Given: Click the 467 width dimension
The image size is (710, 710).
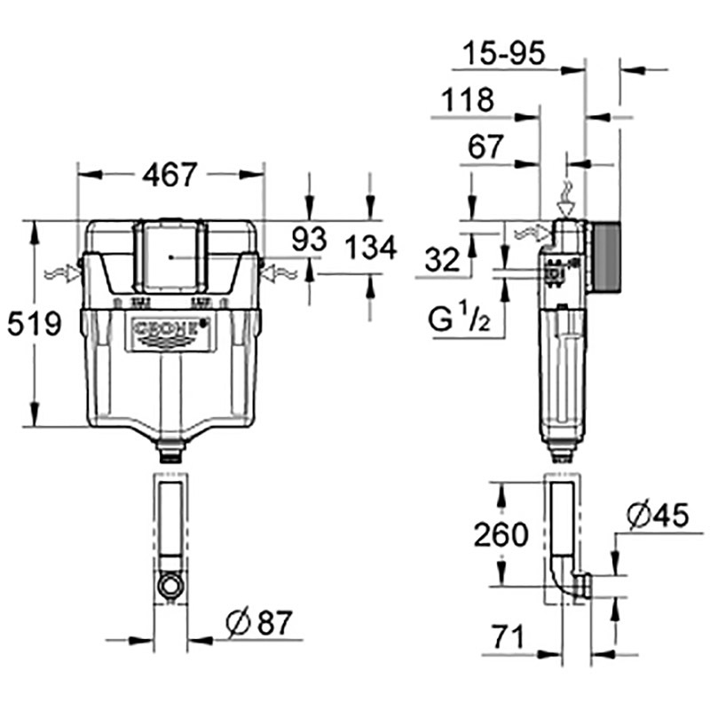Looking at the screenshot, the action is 170,174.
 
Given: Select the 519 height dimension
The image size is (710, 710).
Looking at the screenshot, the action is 35,324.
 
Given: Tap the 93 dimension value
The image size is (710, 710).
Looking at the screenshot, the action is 309,240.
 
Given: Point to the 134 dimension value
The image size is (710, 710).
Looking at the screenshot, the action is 371,248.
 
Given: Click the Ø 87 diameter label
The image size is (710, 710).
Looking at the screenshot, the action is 259,623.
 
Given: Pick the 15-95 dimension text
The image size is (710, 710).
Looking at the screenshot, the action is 503,52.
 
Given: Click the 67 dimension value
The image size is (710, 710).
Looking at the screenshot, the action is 485,146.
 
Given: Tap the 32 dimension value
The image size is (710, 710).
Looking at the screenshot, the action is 442,260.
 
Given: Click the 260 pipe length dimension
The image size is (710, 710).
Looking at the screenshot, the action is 501,534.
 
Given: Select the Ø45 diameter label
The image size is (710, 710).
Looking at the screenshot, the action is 658,516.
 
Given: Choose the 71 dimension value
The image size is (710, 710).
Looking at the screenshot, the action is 508,636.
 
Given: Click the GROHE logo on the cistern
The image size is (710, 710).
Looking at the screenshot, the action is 171,333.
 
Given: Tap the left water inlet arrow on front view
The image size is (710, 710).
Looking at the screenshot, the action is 62,273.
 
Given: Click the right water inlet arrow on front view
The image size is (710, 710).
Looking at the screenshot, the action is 280,274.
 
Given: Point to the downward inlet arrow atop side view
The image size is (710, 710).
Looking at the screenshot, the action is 566,199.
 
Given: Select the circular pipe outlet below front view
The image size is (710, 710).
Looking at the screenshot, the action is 170,585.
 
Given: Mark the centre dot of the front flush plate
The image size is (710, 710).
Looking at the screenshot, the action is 170,257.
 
